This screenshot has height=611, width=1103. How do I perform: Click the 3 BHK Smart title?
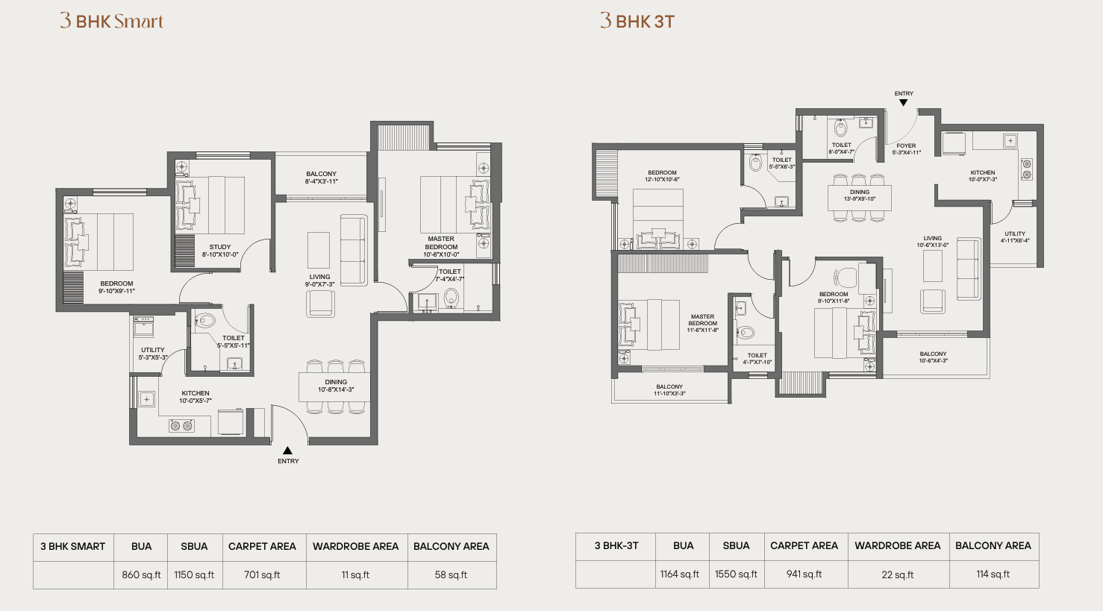[112, 21]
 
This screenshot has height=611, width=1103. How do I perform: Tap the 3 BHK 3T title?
[637, 21]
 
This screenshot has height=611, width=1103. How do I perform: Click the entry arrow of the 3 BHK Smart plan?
[287, 451]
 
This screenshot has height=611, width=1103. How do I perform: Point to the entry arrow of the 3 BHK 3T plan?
[903, 102]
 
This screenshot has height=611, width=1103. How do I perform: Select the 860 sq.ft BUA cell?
[141, 574]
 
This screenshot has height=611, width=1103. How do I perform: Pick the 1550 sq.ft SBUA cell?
[736, 574]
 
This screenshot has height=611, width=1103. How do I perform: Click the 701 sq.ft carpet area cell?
[262, 574]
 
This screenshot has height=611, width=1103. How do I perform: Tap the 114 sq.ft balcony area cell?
[993, 574]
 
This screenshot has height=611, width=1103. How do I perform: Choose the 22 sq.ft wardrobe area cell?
[898, 574]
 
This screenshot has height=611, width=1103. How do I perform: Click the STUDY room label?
[220, 251]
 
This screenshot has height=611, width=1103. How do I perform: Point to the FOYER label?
[906, 149]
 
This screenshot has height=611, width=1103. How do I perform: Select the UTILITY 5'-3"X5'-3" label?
[153, 354]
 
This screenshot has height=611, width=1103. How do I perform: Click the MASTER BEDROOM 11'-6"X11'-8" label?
[703, 324]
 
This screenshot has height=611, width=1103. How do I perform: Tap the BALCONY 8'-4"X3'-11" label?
[321, 178]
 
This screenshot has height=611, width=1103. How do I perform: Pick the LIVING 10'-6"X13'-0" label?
[932, 241]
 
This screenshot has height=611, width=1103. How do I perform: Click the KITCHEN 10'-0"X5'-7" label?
[196, 397]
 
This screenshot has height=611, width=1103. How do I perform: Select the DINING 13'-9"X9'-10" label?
[859, 195]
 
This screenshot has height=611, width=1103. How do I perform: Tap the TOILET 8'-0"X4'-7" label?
[841, 148]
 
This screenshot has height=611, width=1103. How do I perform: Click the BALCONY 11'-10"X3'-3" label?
[669, 390]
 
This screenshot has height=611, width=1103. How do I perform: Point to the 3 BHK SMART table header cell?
[73, 547]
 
